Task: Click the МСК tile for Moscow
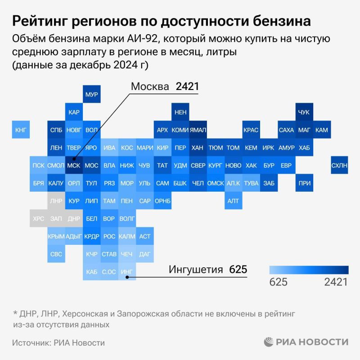(x=73, y=166)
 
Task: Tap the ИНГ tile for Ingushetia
(x=127, y=272)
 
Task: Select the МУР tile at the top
(x=91, y=95)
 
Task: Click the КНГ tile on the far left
(x=21, y=130)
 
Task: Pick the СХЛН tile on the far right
(x=339, y=166)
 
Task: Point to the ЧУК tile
(x=304, y=112)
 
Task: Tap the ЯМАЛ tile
(x=198, y=130)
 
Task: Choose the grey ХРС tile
(x=39, y=219)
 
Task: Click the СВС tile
(x=56, y=254)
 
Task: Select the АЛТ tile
(x=233, y=201)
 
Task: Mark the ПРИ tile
(x=304, y=183)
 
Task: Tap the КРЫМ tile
(x=56, y=236)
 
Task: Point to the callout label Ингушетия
(x=196, y=270)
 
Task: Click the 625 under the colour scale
(x=278, y=282)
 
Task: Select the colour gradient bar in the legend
(x=309, y=270)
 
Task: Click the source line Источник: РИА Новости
(x=58, y=342)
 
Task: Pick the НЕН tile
(x=180, y=112)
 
